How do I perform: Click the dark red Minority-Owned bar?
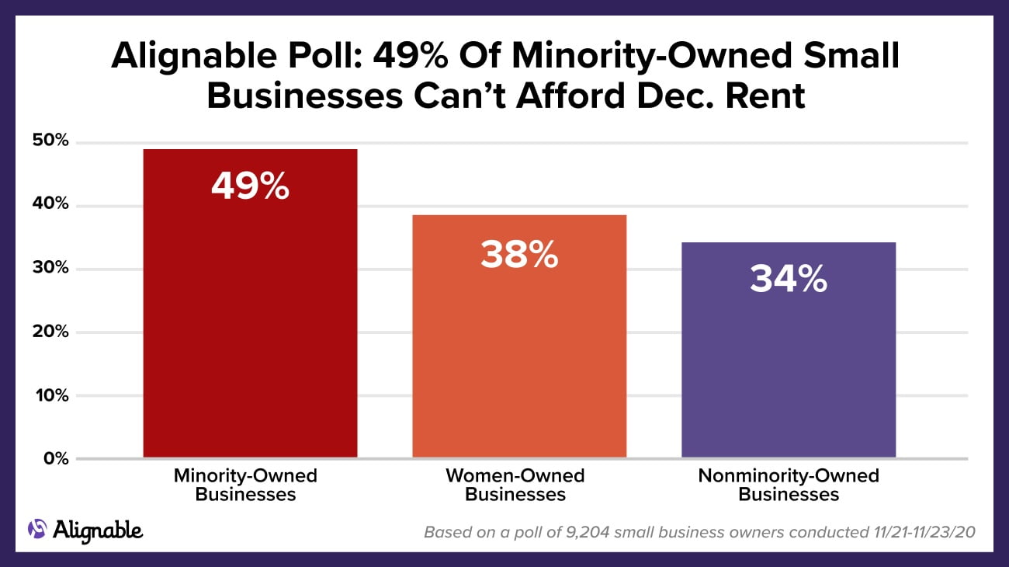pos(250,326)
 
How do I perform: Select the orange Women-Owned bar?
pos(518,350)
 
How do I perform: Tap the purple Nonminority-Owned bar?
pos(788,365)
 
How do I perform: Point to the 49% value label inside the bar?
pos(250,186)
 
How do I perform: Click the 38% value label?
pos(518,254)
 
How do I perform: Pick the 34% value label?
pos(788,279)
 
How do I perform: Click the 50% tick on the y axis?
pos(50,141)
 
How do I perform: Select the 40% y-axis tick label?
pos(50,205)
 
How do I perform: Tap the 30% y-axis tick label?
pos(50,269)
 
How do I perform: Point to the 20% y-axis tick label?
pos(50,332)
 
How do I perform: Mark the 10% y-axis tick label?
pos(50,395)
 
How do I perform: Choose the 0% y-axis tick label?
pos(54,459)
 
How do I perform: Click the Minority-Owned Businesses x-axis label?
pos(245,485)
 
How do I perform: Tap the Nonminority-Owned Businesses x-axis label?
pos(788,485)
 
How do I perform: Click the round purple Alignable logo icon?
pos(37,529)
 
